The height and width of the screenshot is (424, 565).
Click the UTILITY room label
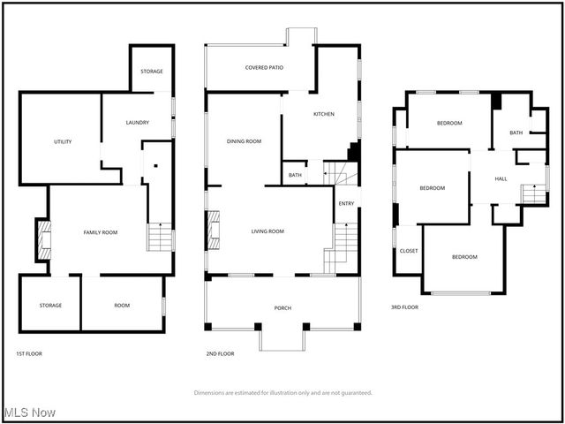coord(63,141)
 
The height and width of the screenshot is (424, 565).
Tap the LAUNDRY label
coord(137,123)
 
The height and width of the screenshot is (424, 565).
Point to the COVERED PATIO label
coord(264,67)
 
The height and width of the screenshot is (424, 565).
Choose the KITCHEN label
coord(324,114)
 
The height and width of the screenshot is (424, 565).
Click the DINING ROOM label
coord(244,141)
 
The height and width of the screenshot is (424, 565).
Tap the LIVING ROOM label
coord(267,231)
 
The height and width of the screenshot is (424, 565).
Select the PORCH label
coord(282,307)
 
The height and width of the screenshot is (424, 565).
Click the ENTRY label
coord(346,204)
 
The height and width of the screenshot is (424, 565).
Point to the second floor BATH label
coord(295,176)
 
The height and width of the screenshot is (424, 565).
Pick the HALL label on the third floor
coord(501,179)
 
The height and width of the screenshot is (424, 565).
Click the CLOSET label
coord(409,251)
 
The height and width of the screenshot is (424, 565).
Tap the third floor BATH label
coord(515,133)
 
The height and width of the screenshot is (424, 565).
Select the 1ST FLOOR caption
coord(29,353)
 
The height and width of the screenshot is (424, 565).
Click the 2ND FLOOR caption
coord(220,353)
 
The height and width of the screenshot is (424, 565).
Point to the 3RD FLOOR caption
coord(404,307)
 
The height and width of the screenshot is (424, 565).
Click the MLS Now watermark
coord(29,413)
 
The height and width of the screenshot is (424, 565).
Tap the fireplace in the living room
coord(213,231)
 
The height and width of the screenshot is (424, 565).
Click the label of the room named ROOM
coord(122,306)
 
